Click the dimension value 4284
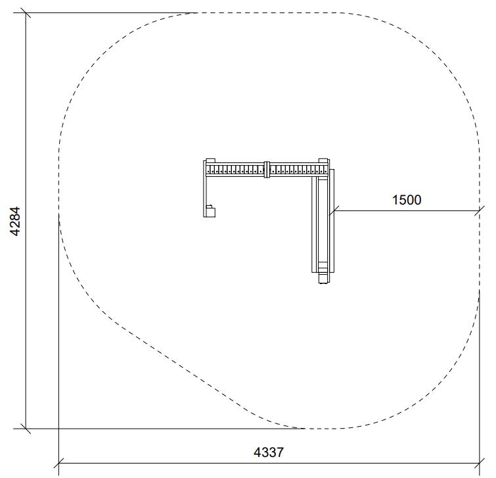point(16,222)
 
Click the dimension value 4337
point(269,452)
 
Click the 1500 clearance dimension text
point(407,200)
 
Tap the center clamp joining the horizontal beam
point(267,170)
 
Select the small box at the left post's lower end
point(210,211)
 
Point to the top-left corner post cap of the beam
point(210,160)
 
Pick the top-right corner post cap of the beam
point(323,160)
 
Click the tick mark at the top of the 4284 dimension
point(26,13)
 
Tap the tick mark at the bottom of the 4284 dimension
point(26,429)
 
